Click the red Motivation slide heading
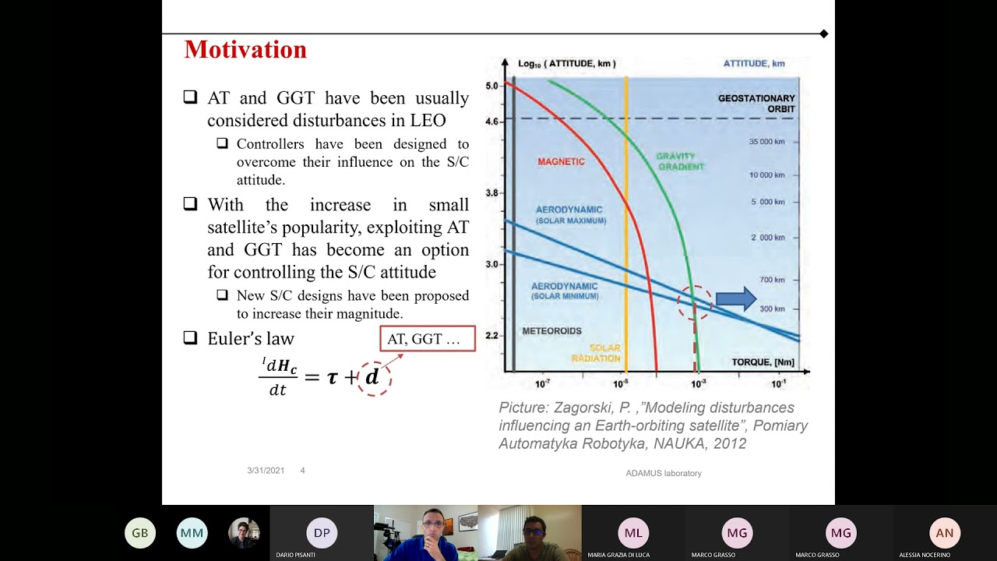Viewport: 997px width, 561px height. point(245,50)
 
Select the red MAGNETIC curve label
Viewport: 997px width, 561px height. point(561,162)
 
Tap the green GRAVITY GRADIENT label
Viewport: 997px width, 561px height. point(680,161)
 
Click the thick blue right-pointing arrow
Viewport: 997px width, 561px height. point(735,299)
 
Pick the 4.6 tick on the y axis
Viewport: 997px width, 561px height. point(491,122)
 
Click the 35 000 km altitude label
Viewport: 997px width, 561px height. point(766,142)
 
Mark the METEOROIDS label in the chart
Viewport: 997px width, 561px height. point(551,331)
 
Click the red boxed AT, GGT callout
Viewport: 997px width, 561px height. point(427,339)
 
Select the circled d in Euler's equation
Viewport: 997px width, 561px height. point(373,377)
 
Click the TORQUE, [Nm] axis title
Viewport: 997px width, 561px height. point(763,362)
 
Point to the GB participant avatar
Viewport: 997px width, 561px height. point(140,533)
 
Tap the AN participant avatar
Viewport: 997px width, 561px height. point(944,533)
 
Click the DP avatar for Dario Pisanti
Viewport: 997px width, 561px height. point(322,533)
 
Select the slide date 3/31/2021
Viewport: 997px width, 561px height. point(266,471)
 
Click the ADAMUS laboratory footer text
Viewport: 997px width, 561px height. point(664,473)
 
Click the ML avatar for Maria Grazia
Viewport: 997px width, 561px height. point(633,533)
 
